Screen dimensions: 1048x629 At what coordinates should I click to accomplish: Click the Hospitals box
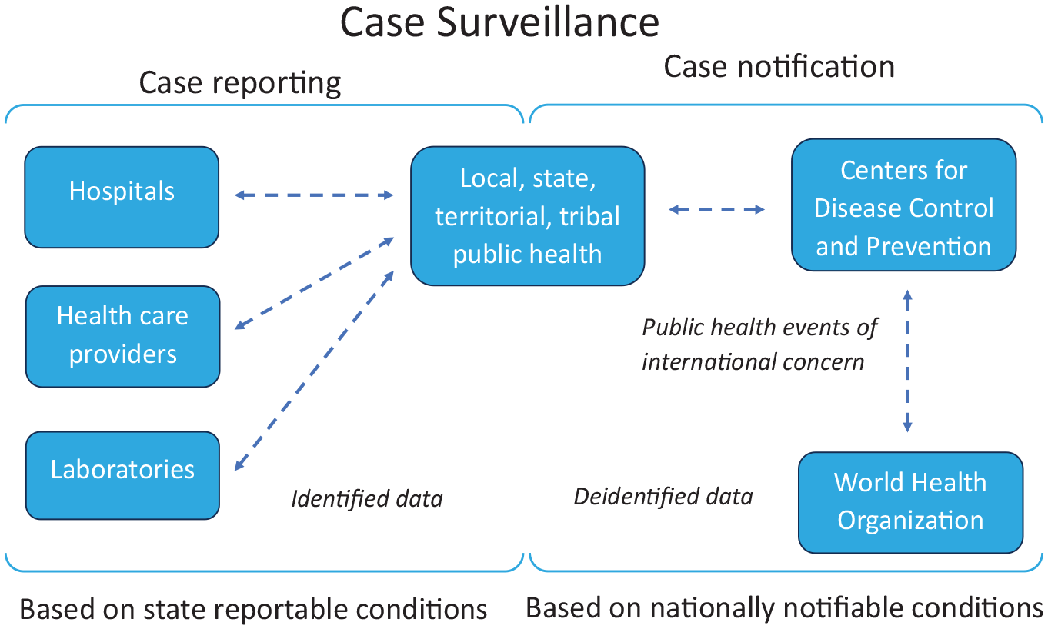[x=122, y=197]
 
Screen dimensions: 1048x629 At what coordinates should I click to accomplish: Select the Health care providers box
[x=122, y=336]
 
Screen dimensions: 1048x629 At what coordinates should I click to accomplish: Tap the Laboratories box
[x=122, y=475]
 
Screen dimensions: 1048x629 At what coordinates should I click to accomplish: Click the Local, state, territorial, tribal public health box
[x=528, y=215]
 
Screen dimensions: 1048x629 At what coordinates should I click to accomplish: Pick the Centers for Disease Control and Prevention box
[x=904, y=205]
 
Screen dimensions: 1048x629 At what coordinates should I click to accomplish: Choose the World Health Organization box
[x=910, y=502]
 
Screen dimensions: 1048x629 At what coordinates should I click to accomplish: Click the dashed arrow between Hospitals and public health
[x=313, y=195]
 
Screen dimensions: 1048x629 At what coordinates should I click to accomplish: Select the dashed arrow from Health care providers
[x=314, y=284]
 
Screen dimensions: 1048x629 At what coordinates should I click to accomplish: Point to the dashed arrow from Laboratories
[x=314, y=371]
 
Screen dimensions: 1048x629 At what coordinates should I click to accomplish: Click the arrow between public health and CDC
[x=717, y=209]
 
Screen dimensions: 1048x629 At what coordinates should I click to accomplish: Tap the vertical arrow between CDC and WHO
[x=907, y=361]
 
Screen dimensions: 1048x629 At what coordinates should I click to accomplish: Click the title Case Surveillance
[x=499, y=22]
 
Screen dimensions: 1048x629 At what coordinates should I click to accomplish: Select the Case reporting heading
[x=240, y=84]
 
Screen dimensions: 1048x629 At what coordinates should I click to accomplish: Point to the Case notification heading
[x=779, y=66]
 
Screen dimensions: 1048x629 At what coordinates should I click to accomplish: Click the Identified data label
[x=367, y=498]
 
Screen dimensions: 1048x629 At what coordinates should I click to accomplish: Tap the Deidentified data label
[x=663, y=496]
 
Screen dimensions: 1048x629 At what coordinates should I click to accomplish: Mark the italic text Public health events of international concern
[x=759, y=344]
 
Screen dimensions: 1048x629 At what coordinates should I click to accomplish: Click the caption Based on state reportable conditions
[x=253, y=609]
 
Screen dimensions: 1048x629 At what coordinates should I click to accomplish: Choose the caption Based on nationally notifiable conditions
[x=784, y=608]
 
